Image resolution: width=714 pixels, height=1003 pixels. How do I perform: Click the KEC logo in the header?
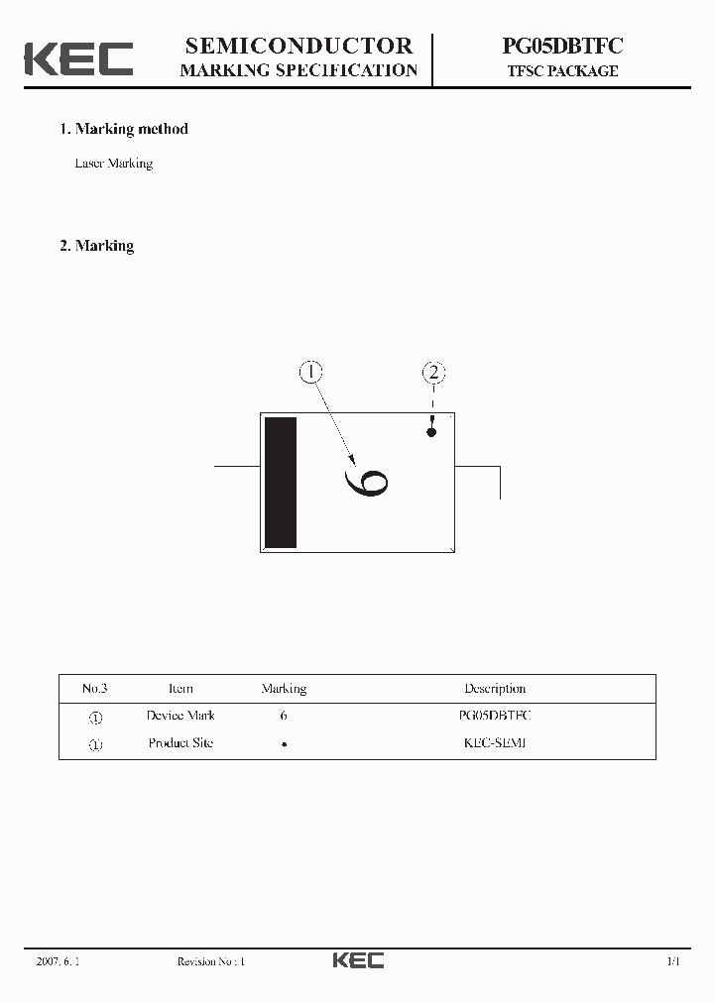tap(78, 58)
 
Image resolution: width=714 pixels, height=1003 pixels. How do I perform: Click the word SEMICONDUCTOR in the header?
tap(299, 46)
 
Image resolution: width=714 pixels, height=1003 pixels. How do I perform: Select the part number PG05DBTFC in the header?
tap(561, 46)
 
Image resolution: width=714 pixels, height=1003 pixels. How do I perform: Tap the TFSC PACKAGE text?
tap(561, 71)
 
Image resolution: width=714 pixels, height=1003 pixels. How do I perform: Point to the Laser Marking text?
tap(114, 164)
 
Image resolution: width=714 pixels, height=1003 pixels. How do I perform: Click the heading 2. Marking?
tap(97, 246)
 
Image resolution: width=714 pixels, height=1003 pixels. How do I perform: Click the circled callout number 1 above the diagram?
tap(311, 373)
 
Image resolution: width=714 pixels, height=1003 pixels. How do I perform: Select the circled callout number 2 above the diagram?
tap(433, 373)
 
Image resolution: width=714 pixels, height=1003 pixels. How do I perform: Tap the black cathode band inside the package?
tap(281, 483)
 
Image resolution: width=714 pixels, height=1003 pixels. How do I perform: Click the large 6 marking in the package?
tap(366, 483)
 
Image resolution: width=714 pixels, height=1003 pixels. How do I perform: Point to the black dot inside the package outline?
tap(431, 433)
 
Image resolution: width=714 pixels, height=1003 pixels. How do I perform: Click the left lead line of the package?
tap(238, 463)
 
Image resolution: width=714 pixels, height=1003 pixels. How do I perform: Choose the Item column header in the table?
tap(180, 689)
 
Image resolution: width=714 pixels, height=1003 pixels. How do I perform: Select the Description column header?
tap(495, 689)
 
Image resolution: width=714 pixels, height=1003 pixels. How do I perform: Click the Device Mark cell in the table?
tap(180, 716)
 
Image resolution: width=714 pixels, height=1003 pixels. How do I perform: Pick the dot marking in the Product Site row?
tap(284, 743)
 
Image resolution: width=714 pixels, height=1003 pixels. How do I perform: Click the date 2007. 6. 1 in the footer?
tap(58, 961)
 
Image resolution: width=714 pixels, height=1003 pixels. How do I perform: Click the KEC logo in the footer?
tap(357, 960)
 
